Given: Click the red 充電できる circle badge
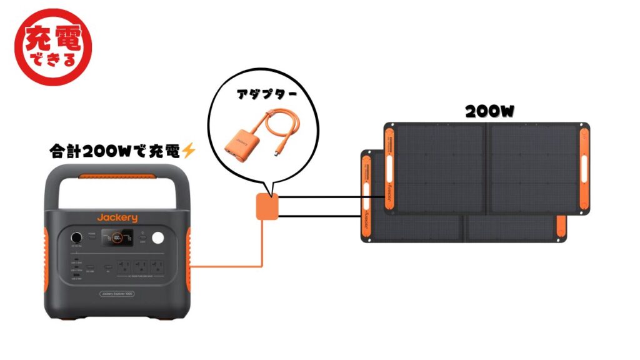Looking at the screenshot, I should pos(52,47).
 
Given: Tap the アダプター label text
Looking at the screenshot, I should pos(266,95).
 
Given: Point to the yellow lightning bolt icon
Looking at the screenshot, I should pos(188,151).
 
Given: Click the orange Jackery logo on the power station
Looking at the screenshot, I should pos(117,217).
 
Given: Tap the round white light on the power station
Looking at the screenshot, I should pos(158,238).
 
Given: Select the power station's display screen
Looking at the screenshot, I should pos(117,237).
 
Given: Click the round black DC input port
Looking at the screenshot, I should pos(77,238).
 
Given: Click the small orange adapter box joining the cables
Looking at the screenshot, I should pos(267,207).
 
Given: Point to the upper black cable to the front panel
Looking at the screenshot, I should pos(331,198).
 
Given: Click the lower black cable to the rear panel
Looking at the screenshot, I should pos(319,216).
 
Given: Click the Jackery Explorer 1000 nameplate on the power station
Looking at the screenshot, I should pos(117,293).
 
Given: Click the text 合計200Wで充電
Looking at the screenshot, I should pos(115,151).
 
